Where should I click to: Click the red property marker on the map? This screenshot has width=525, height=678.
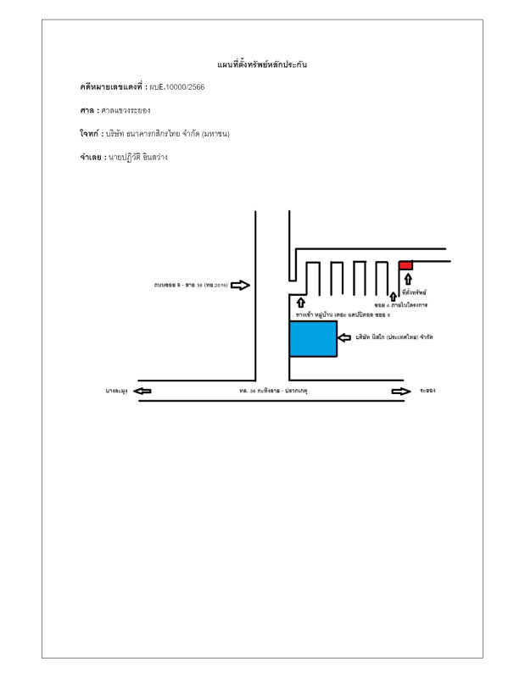coord(405,265)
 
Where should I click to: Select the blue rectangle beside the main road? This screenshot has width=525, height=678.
coord(313,339)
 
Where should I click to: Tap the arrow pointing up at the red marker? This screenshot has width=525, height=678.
coord(408,280)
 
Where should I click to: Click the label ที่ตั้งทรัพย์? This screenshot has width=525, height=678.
coord(414,292)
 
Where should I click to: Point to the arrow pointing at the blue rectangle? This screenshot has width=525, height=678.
coord(344,337)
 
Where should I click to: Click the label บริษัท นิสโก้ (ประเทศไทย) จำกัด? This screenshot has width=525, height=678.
coord(394,337)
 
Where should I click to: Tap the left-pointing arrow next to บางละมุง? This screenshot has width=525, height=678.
coord(142,391)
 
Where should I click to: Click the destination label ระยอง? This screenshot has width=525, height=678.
coord(427,391)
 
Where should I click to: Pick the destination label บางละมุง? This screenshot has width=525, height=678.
coord(116,391)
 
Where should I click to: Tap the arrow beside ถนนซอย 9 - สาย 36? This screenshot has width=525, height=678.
coord(240,285)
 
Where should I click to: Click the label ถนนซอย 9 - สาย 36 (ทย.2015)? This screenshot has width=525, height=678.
coord(191,285)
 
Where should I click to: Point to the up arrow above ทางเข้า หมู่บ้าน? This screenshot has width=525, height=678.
coord(300,303)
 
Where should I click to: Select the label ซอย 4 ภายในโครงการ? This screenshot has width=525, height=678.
coord(400,304)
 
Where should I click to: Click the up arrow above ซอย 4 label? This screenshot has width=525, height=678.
coord(393,294)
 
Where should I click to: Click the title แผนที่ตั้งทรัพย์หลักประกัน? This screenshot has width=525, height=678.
coord(262,64)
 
